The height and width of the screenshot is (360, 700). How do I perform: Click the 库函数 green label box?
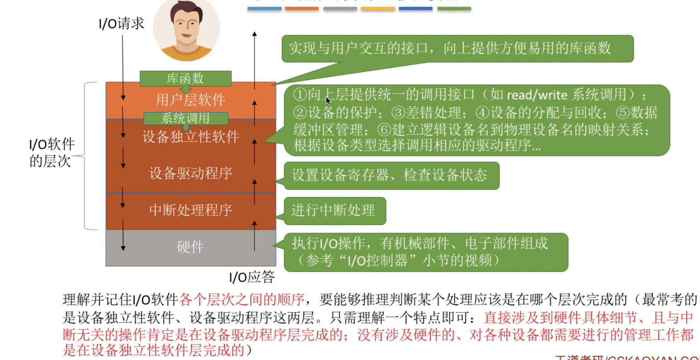[185, 79]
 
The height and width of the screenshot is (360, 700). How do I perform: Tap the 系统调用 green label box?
[185, 118]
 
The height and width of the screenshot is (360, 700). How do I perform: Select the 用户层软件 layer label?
[191, 100]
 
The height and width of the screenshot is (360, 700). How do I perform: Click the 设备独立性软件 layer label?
[191, 137]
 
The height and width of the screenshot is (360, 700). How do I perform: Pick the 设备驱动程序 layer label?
[191, 173]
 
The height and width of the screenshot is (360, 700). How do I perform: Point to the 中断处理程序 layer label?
[191, 210]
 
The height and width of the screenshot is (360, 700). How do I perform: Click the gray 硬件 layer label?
[191, 247]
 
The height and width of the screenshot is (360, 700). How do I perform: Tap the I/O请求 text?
[121, 23]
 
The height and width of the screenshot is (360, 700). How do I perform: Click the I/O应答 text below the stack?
[252, 277]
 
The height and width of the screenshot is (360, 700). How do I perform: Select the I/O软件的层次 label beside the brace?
[52, 152]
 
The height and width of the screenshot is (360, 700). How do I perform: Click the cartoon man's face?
[187, 27]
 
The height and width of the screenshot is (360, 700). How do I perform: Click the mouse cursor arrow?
[328, 100]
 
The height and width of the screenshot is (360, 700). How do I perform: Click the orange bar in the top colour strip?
[301, 8]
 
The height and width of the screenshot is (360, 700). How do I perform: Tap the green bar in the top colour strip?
[454, 8]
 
